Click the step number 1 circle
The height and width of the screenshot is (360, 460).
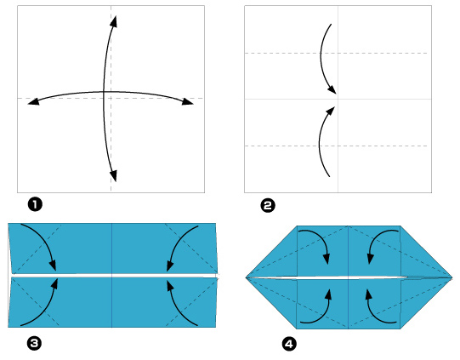click(35, 204)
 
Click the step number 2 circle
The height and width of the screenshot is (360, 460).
click(268, 205)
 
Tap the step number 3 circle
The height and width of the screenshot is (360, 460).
click(34, 343)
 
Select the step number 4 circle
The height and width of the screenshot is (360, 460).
click(289, 344)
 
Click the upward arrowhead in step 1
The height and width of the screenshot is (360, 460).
click(114, 21)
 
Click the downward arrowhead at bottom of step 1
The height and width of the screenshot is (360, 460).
click(114, 175)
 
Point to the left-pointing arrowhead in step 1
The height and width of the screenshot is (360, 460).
click(33, 101)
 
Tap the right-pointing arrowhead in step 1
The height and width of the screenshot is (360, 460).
click(187, 101)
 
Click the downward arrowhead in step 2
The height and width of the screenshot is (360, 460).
click(332, 89)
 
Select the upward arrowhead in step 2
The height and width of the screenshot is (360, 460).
click(331, 111)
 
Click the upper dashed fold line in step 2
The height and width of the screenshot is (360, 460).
click(336, 53)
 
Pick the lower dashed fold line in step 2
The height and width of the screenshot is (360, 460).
click(336, 146)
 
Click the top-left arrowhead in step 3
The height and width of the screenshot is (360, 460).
click(53, 266)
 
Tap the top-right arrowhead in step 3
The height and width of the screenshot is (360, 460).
click(170, 266)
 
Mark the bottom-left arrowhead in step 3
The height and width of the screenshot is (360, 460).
click(54, 284)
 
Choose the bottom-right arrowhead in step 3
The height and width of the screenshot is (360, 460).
click(169, 286)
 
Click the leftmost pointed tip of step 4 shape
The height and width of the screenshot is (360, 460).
click(246, 277)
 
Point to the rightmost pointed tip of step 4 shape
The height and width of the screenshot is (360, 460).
click(452, 277)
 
